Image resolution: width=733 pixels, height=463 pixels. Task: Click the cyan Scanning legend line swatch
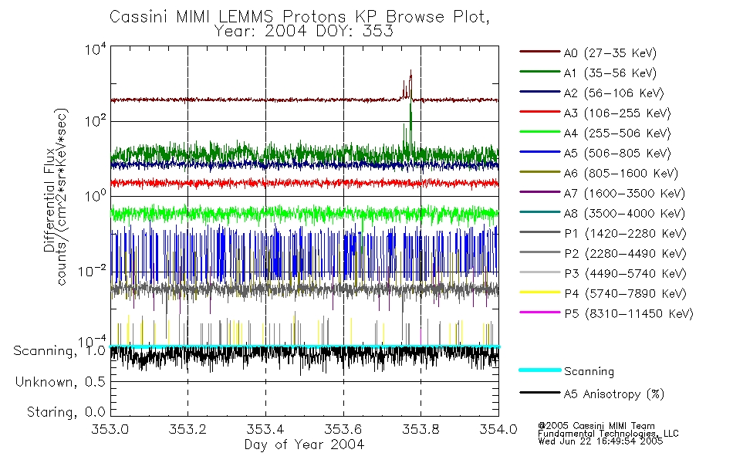[539, 370]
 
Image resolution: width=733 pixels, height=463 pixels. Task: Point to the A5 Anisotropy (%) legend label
[613, 394]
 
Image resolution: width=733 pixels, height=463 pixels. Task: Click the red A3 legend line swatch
[539, 113]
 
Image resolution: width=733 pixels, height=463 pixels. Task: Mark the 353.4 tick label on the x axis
[265, 431]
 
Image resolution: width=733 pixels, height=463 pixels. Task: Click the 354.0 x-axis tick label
[498, 431]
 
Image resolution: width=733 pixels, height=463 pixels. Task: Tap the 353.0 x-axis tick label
[110, 431]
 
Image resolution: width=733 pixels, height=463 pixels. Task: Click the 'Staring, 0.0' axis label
[65, 411]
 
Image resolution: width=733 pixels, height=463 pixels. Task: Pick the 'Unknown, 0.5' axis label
[61, 382]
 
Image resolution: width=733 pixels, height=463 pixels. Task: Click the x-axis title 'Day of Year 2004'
[304, 444]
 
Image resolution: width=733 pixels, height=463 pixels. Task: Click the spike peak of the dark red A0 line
[410, 71]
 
